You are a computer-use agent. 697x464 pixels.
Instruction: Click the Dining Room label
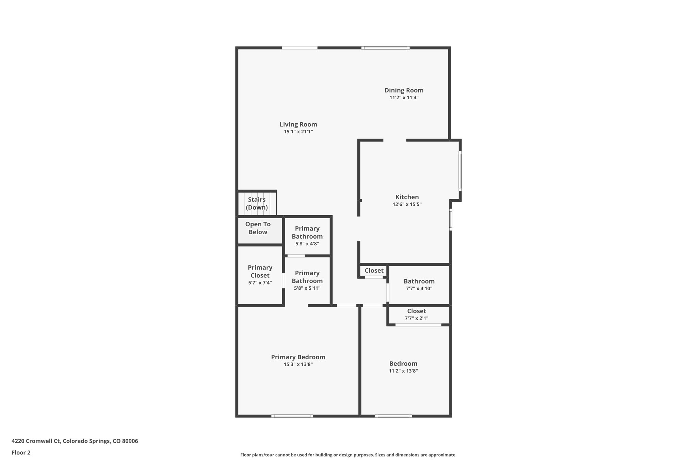404,90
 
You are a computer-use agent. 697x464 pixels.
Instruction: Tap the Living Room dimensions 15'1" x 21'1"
298,132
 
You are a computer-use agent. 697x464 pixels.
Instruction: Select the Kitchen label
407,197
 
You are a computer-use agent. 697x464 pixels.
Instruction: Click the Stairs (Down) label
257,203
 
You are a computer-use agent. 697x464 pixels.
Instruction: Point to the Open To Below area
258,228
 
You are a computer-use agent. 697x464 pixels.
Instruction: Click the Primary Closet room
260,275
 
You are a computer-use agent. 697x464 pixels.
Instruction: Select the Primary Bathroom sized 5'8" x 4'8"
307,236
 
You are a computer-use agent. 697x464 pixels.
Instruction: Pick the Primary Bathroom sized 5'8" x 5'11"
307,280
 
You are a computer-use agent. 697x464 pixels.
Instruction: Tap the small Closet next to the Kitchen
374,271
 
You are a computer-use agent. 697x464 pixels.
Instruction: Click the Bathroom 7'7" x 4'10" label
419,281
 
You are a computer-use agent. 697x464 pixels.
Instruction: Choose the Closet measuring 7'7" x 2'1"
416,314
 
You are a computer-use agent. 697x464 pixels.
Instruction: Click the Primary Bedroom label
298,357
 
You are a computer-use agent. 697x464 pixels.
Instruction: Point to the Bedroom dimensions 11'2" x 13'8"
403,371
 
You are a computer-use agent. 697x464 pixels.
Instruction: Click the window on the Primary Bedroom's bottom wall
292,416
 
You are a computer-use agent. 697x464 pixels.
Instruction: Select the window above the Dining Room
385,48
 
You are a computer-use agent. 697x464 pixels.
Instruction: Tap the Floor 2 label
21,452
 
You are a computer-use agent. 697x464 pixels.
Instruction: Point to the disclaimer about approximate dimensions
348,455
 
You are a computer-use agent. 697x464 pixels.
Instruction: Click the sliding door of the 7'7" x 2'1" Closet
418,325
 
